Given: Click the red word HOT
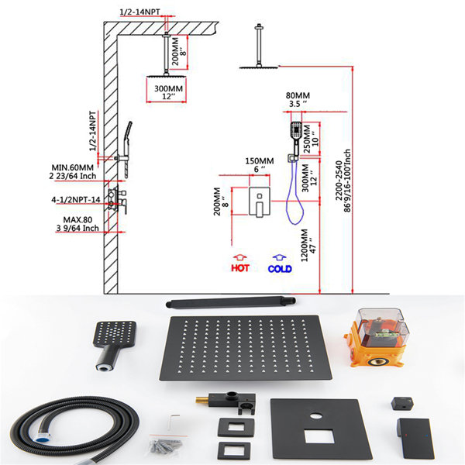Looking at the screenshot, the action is tap(240, 268).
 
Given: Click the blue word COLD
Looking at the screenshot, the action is tap(280, 269).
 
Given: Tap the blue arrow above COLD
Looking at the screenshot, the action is tap(279, 258).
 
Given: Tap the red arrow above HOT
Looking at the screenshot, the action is tap(240, 257).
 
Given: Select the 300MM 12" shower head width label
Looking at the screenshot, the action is tap(168, 92).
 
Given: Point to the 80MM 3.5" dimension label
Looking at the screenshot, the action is tap(298, 100).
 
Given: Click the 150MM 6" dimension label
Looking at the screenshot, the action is tap(260, 165).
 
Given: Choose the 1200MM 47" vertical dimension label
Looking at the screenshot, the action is tap(308, 245).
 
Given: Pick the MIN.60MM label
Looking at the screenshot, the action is tap(73, 167).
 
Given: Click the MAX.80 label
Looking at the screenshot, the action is tap(77, 220).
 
